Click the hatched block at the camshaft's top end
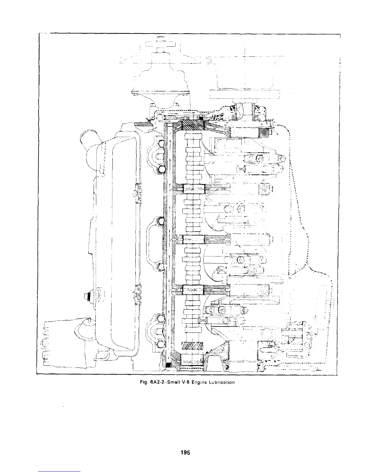click(193, 124)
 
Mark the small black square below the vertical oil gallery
click(168, 365)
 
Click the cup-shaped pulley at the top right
click(245, 72)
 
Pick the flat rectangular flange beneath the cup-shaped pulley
click(245, 94)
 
